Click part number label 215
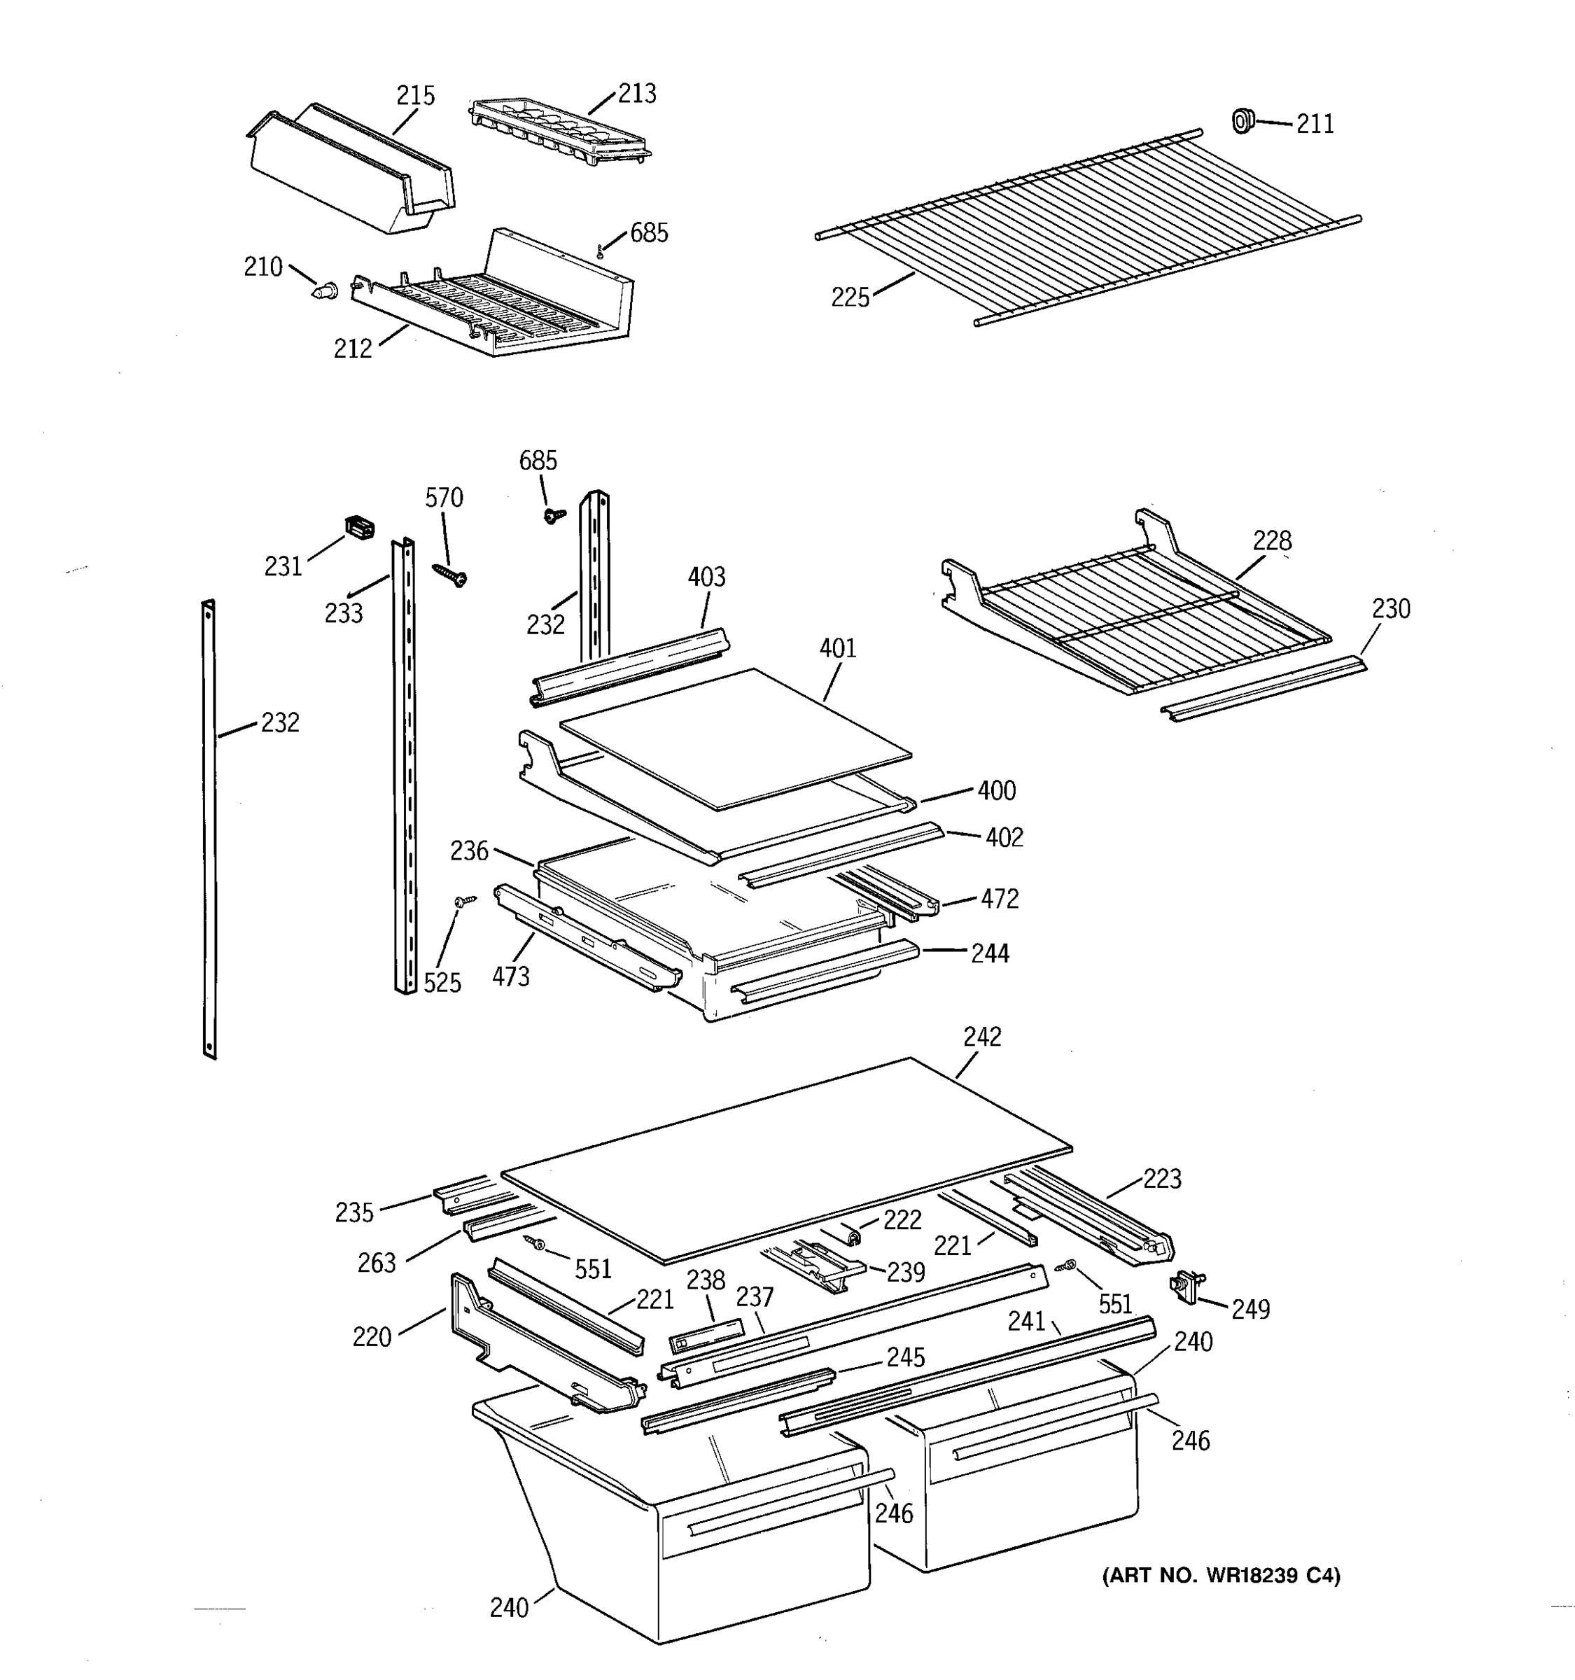(415, 95)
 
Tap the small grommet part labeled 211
(1241, 121)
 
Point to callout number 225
(849, 297)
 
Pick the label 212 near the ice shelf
(352, 348)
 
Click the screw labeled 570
(450, 575)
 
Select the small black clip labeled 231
(360, 528)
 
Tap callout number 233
(343, 612)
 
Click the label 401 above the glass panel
(837, 648)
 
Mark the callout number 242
(982, 1037)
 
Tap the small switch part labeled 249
(1186, 1287)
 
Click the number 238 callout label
(705, 1281)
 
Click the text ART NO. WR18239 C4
(1221, 1575)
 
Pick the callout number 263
(376, 1263)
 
